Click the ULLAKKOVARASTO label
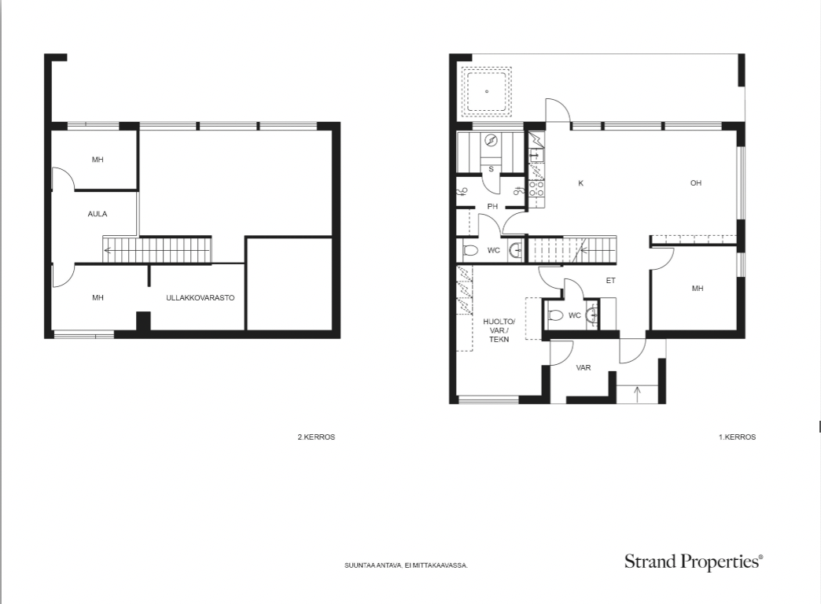click(200, 297)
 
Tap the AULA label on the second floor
click(98, 214)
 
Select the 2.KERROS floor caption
click(316, 437)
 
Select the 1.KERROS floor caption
click(737, 437)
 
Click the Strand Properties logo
click(694, 562)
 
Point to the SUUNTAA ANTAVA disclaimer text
click(406, 565)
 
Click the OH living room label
click(696, 182)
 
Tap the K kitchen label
click(580, 183)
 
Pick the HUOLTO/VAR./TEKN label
click(499, 330)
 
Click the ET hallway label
click(610, 281)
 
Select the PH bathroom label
click(492, 206)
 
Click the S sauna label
click(491, 169)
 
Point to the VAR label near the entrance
click(584, 368)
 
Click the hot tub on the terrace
click(487, 92)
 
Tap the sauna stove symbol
click(491, 140)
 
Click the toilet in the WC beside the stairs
click(471, 250)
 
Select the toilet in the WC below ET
click(555, 315)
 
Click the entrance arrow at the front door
click(637, 394)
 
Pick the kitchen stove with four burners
click(536, 188)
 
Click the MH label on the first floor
click(698, 288)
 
